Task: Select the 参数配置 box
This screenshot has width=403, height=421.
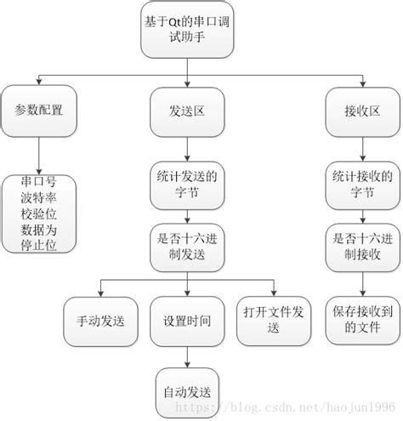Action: (x=40, y=111)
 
